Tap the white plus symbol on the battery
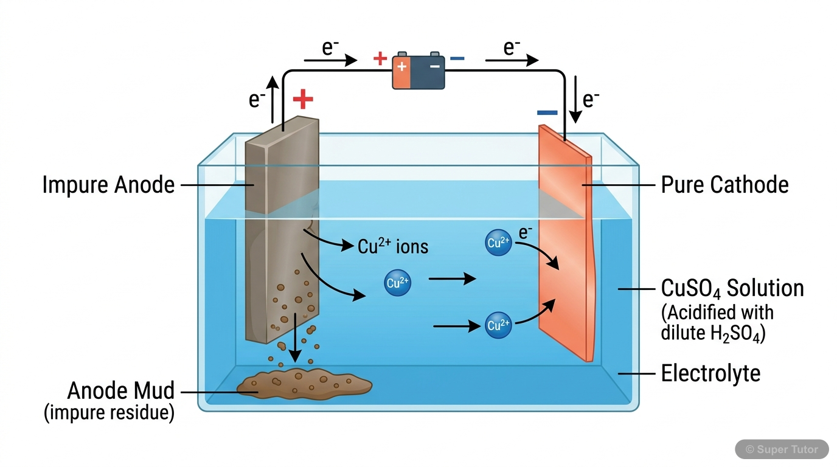pyautogui.click(x=402, y=66)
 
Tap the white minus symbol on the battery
pyautogui.click(x=434, y=66)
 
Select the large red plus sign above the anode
pyautogui.click(x=303, y=99)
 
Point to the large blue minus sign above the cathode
pyautogui.click(x=547, y=112)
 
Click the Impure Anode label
pyautogui.click(x=108, y=185)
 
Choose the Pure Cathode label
pyautogui.click(x=724, y=185)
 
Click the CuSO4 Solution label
pyautogui.click(x=732, y=288)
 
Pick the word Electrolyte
pyautogui.click(x=710, y=373)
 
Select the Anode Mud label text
pyautogui.click(x=120, y=390)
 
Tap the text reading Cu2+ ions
pyautogui.click(x=393, y=246)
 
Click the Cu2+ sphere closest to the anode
pyautogui.click(x=398, y=283)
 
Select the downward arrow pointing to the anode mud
pyautogui.click(x=295, y=337)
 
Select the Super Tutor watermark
pyautogui.click(x=782, y=449)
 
